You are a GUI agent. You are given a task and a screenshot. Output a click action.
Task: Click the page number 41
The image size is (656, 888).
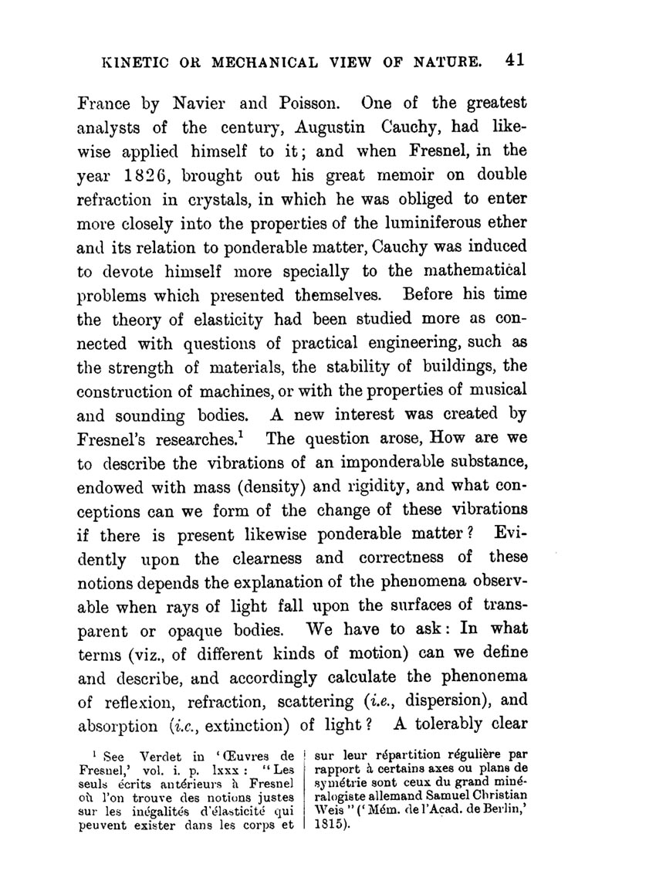coord(511,61)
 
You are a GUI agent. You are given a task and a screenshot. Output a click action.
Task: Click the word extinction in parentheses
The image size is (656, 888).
coord(250,727)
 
